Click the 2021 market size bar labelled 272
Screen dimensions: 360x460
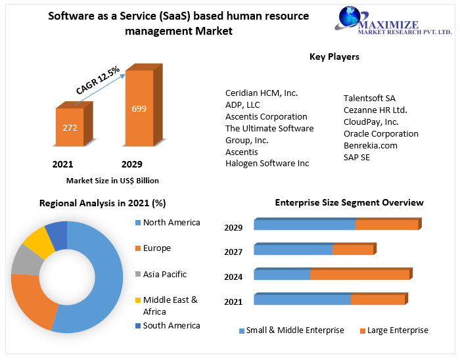point(70,127)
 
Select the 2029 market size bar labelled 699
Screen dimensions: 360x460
point(139,108)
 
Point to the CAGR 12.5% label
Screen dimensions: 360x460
point(98,79)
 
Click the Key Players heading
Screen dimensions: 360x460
point(334,57)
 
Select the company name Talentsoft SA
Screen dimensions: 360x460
point(369,99)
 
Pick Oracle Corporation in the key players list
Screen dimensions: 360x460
point(380,134)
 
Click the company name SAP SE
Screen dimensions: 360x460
point(357,158)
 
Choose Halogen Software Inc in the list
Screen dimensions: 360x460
point(267,164)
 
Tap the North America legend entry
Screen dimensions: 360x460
point(171,223)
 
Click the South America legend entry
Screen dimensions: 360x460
point(171,326)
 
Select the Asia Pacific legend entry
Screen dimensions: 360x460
point(164,275)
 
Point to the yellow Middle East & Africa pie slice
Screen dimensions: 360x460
point(37,241)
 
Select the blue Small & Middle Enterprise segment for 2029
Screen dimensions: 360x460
point(304,225)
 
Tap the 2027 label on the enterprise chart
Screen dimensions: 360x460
point(233,252)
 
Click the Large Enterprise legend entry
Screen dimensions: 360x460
point(397,330)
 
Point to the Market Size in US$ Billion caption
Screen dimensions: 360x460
point(112,181)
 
